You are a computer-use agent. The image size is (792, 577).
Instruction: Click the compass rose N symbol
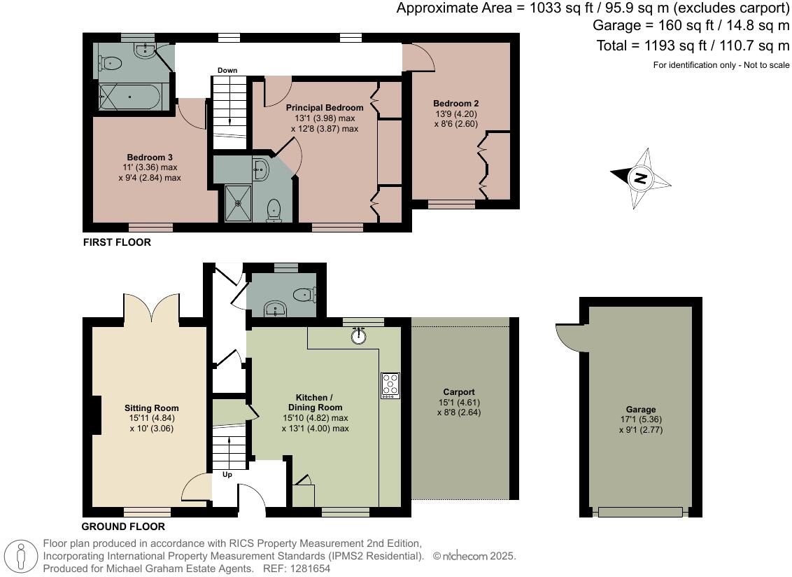tap(640, 178)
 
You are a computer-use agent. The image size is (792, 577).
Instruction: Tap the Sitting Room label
tap(152, 408)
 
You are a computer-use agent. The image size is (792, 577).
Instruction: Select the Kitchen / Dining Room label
tap(315, 403)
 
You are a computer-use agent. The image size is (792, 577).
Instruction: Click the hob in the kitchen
tap(390, 385)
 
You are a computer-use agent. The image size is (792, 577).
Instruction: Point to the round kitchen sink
tap(359, 335)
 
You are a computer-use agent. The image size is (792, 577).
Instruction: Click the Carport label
tap(459, 392)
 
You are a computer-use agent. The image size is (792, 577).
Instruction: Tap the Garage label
tap(640, 409)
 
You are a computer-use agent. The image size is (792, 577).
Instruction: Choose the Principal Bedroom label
tap(324, 108)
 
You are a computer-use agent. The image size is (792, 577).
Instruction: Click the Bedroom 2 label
tap(455, 104)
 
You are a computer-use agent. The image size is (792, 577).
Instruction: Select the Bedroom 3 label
tap(150, 158)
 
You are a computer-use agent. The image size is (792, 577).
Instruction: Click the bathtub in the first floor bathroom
tap(130, 97)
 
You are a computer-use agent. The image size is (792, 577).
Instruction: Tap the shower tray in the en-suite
tap(237, 203)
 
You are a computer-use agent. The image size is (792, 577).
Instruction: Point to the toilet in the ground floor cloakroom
tap(304, 294)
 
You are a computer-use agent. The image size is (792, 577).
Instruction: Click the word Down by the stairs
tap(227, 70)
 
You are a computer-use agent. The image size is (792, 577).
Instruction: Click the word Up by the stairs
tap(227, 474)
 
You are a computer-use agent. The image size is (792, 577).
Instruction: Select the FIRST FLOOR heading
tap(117, 242)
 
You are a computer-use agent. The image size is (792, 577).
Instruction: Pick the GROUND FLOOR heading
tap(123, 527)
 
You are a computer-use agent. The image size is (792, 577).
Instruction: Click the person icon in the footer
tap(21, 556)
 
